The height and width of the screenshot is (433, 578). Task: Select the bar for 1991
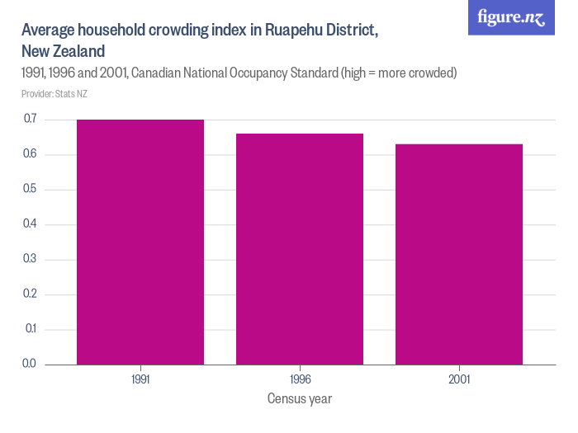(x=140, y=242)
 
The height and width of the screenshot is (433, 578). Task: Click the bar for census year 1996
(x=300, y=248)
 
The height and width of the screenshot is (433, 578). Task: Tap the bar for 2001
(x=459, y=254)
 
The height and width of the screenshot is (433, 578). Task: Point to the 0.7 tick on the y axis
(x=30, y=120)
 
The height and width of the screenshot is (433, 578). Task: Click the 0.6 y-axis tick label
(x=30, y=155)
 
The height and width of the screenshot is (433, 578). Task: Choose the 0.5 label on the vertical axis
(x=30, y=190)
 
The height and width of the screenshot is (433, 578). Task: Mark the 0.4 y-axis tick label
(x=30, y=224)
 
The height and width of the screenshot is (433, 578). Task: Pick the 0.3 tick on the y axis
(x=30, y=260)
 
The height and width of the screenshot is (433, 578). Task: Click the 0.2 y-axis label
(x=30, y=294)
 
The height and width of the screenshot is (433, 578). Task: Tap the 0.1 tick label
(x=30, y=329)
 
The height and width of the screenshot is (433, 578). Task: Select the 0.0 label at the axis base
(x=30, y=364)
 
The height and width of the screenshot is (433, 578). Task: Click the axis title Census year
(x=300, y=399)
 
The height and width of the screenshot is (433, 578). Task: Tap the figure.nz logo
(x=511, y=17)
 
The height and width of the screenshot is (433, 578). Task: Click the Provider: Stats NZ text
(x=54, y=94)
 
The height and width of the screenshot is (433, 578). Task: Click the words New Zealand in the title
(x=63, y=51)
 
